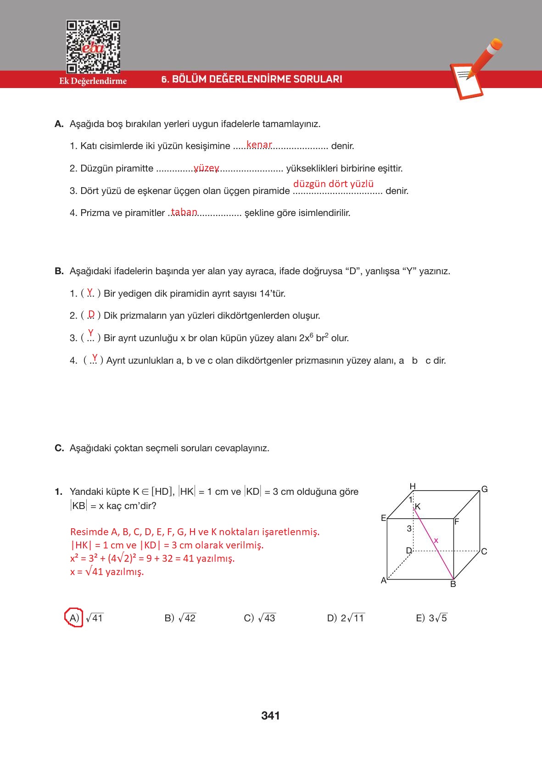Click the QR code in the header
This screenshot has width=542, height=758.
click(93, 47)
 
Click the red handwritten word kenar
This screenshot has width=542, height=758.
click(259, 145)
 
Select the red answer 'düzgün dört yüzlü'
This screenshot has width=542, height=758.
click(334, 184)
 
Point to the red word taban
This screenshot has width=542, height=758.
click(184, 212)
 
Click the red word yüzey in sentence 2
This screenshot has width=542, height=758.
click(207, 168)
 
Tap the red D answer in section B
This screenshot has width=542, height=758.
click(91, 314)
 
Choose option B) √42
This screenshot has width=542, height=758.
click(180, 618)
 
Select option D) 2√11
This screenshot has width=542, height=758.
click(346, 618)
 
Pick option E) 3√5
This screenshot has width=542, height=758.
click(431, 618)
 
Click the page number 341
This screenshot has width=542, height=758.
click(270, 716)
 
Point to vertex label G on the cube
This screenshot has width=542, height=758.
click(484, 489)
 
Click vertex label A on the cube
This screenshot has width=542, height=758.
click(384, 581)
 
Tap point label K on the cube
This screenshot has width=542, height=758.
click(418, 507)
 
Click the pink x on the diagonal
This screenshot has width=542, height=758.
click(436, 541)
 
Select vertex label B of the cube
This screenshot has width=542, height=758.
click(453, 584)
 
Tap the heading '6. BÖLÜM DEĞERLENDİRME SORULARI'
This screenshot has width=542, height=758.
click(252, 79)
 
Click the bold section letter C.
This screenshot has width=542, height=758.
click(59, 448)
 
